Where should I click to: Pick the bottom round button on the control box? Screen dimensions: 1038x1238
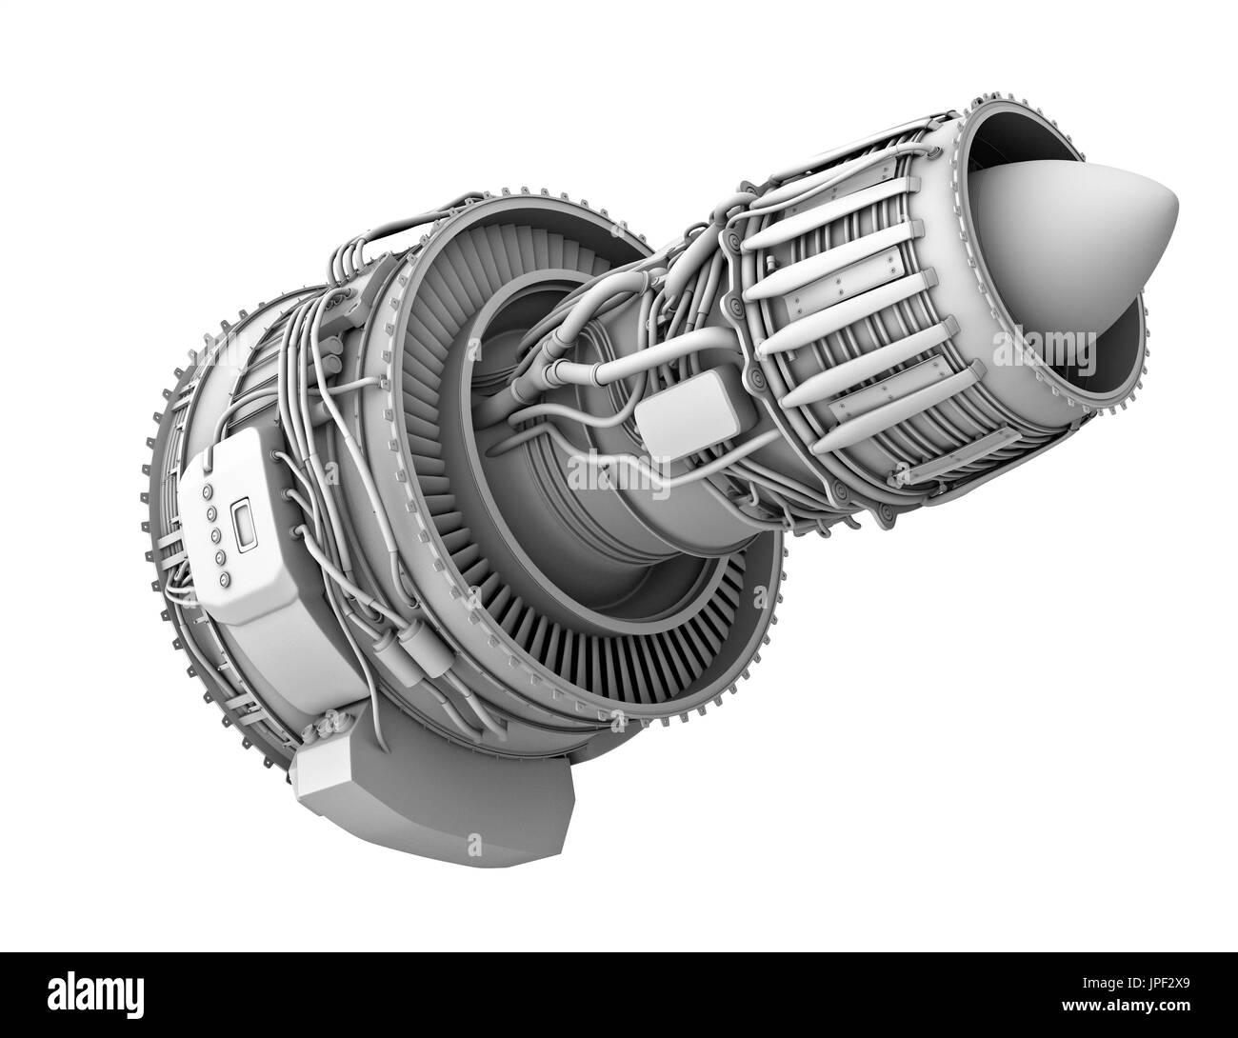225,579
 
